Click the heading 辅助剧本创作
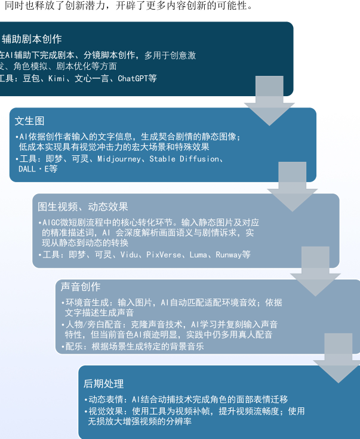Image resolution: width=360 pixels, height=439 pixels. pos(32,39)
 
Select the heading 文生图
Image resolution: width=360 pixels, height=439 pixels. pos(29,121)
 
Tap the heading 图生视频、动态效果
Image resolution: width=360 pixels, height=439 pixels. pos(83,207)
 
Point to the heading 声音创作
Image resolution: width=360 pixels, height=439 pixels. pos(81,287)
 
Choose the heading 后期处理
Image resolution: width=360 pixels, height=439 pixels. pos(103,383)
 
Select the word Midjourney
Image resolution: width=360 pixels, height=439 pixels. pos(119,159)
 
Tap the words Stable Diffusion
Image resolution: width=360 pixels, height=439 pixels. pos(185,159)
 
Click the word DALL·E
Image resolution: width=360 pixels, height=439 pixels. pos(33,169)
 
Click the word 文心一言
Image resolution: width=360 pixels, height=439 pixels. pos(92,78)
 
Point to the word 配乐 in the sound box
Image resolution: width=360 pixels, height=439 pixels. pos(73,346)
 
